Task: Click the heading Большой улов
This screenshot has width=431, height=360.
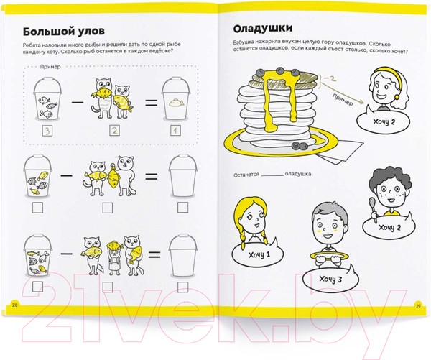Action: pos(64,32)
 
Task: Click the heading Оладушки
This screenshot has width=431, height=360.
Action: pos(263,29)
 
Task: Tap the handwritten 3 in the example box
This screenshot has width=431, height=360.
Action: pos(47,131)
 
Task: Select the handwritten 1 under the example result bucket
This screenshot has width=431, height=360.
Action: pos(176,131)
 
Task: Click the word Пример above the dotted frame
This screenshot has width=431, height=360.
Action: pos(50,67)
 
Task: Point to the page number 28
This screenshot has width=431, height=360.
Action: pos(15,305)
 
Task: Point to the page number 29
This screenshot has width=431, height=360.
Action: pos(418,305)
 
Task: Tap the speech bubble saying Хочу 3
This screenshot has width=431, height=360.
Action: pos(331,279)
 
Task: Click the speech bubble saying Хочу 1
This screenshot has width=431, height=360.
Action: pos(259,254)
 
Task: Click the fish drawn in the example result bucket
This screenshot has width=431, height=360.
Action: pos(176,103)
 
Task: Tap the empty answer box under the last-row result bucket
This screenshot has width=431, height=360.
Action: pos(182,287)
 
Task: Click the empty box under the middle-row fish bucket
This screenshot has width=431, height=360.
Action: pos(37,208)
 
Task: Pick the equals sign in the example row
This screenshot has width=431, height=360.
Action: pos(152,103)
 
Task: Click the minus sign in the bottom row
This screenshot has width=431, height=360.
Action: pos(66,253)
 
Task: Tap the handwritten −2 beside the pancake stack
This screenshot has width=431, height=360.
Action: pos(330,78)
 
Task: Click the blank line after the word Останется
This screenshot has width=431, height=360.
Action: pos(272,175)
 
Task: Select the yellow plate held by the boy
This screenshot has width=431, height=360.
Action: pos(329,257)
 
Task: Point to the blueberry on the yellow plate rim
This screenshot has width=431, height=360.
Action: pos(297,145)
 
